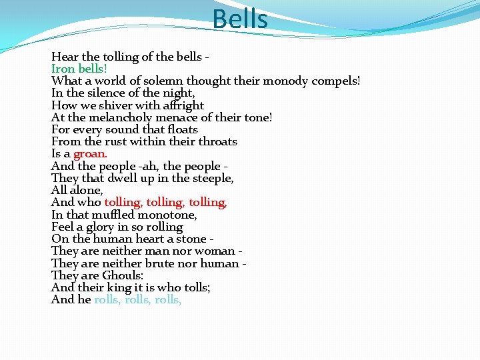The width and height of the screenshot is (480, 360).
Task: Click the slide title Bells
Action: [x=240, y=19]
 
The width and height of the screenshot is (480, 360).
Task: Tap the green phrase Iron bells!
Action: [x=79, y=69]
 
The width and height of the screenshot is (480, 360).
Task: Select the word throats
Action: [x=216, y=141]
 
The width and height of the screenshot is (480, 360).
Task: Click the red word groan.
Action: [x=91, y=154]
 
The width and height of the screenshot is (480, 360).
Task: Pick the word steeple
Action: [x=211, y=178]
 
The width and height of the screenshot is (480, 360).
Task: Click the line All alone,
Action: [x=77, y=190]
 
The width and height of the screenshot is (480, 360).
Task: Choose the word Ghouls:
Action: [x=123, y=275]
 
